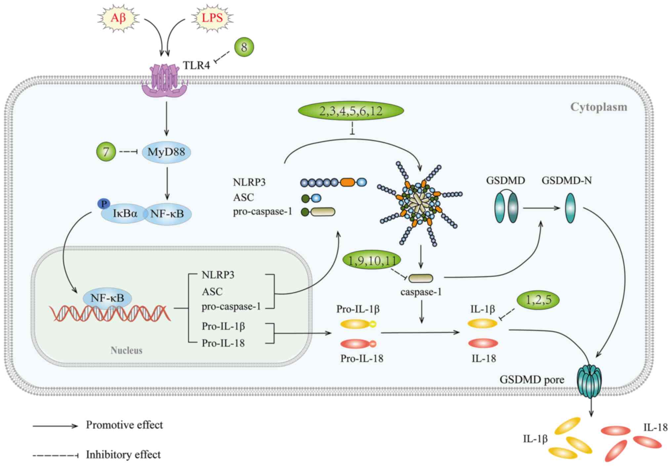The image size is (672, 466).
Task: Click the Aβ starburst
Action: [x=118, y=18]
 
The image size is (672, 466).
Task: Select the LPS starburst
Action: [x=212, y=18]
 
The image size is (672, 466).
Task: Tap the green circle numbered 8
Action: [x=244, y=47]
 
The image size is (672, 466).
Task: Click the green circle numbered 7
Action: [x=106, y=152]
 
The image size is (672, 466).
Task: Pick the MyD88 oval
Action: [x=166, y=152]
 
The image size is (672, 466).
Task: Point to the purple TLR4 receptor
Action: [x=164, y=81]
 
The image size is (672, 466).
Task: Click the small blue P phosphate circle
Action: [x=104, y=204]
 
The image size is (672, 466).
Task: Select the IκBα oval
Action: [x=125, y=213]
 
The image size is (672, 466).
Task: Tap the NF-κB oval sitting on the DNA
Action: [x=107, y=298]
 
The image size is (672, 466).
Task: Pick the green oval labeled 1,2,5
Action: [x=538, y=300]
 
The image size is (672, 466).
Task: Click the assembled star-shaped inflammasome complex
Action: [x=419, y=203]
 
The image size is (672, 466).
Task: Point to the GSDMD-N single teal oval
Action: [x=570, y=208]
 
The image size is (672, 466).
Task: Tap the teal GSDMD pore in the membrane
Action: [x=589, y=381]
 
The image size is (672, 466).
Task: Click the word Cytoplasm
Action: [x=599, y=107]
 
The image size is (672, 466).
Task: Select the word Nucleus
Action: [x=126, y=350]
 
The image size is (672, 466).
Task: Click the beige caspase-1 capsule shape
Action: [x=421, y=278]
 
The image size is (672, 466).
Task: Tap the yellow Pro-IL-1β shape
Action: [x=358, y=324]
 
